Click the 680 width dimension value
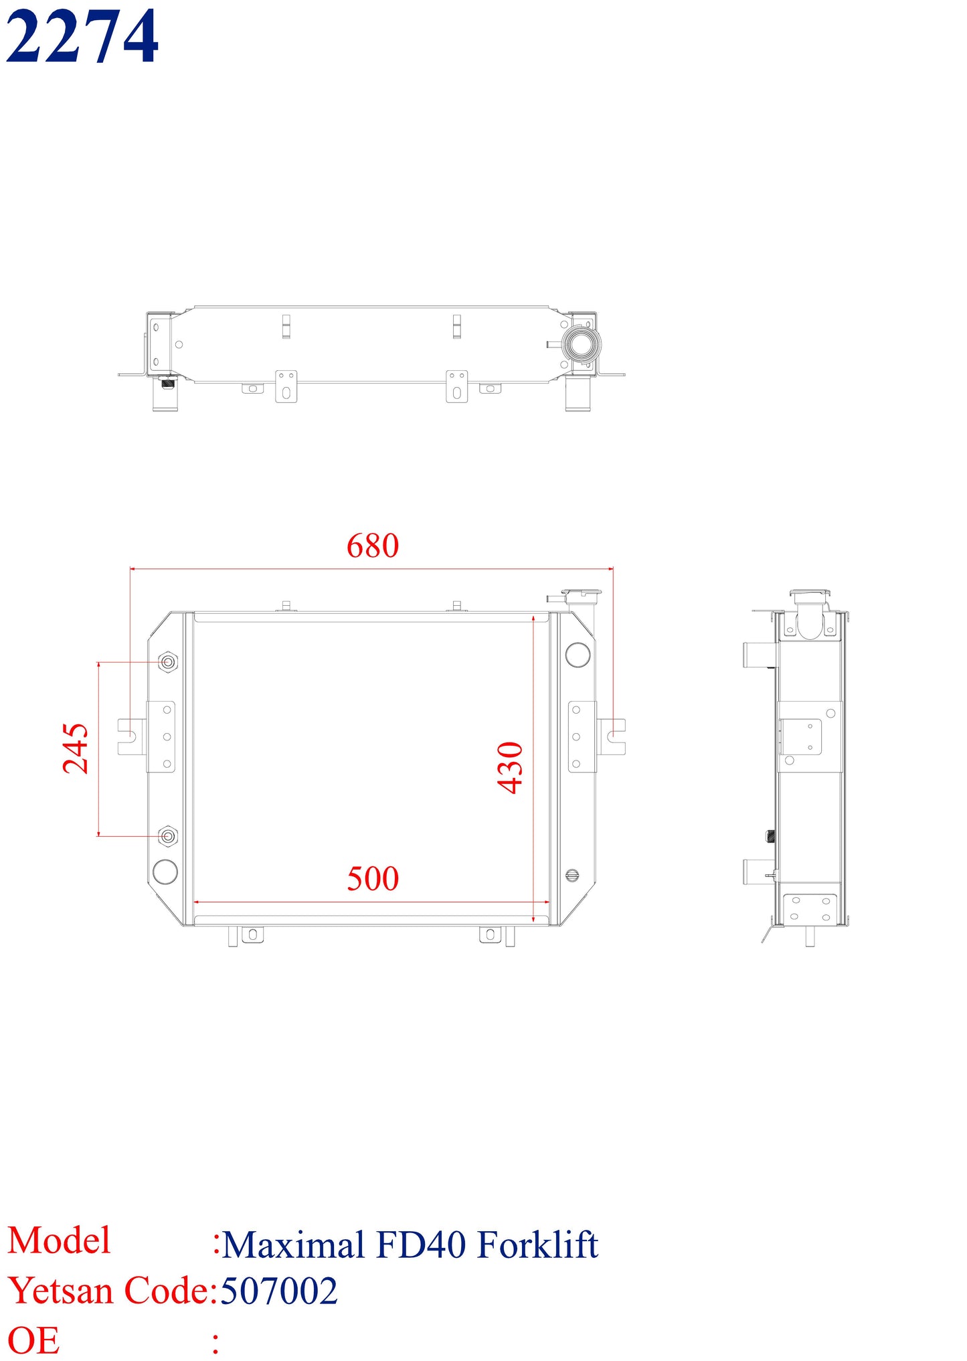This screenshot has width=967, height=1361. pos(373,546)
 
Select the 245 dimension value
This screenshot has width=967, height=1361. pos(76,748)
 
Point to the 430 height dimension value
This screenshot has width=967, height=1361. pos(511,768)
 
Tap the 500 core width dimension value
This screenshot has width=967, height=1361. pos(373,878)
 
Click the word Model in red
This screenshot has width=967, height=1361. pos(59,1240)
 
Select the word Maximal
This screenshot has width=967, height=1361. pos(292,1245)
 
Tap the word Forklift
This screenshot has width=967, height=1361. pos(538,1245)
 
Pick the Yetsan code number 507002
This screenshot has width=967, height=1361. pos(279,1291)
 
